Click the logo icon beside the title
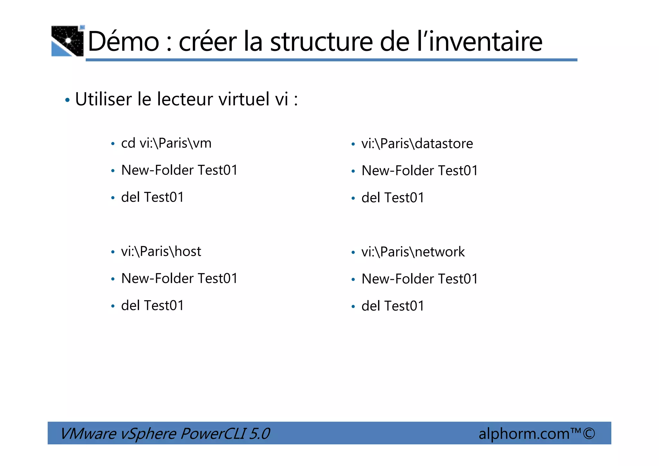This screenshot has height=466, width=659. tap(68, 41)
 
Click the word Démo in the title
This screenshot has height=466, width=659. tap(123, 42)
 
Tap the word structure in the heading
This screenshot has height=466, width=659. tap(321, 42)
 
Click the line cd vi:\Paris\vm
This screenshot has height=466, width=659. tap(166, 143)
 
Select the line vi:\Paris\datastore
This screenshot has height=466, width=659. tap(417, 144)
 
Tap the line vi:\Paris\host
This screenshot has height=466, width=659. tap(161, 252)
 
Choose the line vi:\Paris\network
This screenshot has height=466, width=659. tap(413, 252)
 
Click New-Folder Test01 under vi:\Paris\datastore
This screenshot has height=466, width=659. tap(420, 171)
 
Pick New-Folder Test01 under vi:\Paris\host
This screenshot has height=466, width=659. tap(179, 279)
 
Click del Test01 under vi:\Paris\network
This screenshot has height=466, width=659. tap(393, 306)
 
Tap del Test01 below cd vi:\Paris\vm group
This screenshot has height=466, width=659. tap(152, 197)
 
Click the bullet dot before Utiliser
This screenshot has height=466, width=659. tap(67, 100)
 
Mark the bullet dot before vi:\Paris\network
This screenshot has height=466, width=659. tap(353, 252)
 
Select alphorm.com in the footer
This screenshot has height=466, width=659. tap(524, 433)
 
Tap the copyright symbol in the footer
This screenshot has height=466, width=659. tap(589, 433)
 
